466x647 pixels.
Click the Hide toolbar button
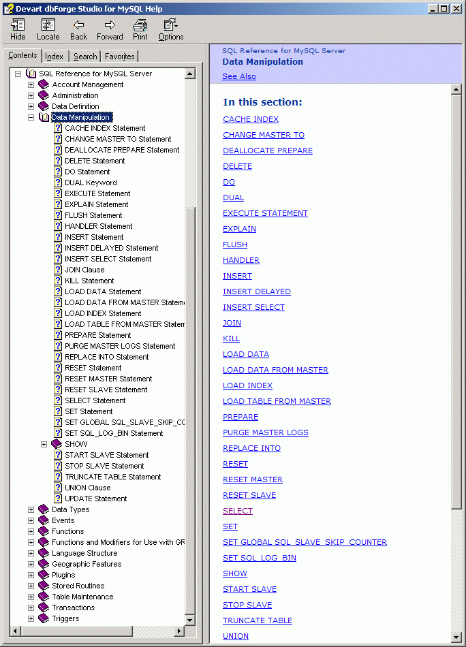click(x=18, y=29)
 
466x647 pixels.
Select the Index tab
click(x=55, y=57)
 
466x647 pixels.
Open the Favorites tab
click(x=119, y=57)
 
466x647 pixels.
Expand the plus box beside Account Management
click(x=31, y=84)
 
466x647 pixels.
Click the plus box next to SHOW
click(x=44, y=444)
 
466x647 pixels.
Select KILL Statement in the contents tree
click(x=89, y=281)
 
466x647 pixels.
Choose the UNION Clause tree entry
click(x=87, y=488)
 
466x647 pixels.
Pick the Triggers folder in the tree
click(x=65, y=618)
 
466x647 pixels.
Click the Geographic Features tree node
click(x=87, y=564)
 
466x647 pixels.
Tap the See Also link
click(x=239, y=76)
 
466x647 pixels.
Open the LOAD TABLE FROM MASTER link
click(x=277, y=401)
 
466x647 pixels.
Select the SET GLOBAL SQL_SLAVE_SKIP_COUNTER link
click(x=305, y=542)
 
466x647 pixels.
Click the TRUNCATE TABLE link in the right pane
click(x=258, y=620)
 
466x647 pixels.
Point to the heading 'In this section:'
click(x=262, y=102)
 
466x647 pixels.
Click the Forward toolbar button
click(x=110, y=29)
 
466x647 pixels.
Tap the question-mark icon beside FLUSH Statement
click(x=58, y=215)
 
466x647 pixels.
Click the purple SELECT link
click(x=238, y=511)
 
